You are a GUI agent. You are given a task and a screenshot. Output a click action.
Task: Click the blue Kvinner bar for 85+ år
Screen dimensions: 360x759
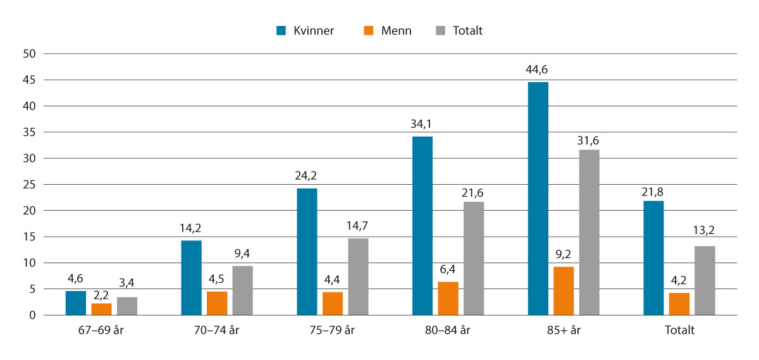tap(538, 198)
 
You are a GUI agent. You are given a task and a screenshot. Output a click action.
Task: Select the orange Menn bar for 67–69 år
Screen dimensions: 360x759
tap(101, 309)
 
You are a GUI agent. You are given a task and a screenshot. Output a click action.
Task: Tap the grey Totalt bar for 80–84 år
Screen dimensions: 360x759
tap(473, 258)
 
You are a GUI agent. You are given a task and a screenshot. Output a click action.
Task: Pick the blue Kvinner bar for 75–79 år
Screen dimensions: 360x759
tap(307, 251)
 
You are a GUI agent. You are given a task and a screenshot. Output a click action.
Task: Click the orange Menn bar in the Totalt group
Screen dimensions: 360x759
tap(679, 304)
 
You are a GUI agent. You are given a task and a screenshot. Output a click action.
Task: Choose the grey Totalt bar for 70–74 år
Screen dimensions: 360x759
tap(242, 290)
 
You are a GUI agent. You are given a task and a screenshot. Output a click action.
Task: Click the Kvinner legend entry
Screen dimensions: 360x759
tap(305, 30)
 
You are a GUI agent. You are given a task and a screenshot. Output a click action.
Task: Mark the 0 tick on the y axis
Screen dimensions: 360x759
tap(30, 315)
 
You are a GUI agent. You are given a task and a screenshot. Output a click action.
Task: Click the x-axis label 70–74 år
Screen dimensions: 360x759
tap(217, 330)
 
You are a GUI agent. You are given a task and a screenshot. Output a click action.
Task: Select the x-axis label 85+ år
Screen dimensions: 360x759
tap(564, 330)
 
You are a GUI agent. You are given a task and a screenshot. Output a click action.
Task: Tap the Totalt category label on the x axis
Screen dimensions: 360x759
tap(679, 330)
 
